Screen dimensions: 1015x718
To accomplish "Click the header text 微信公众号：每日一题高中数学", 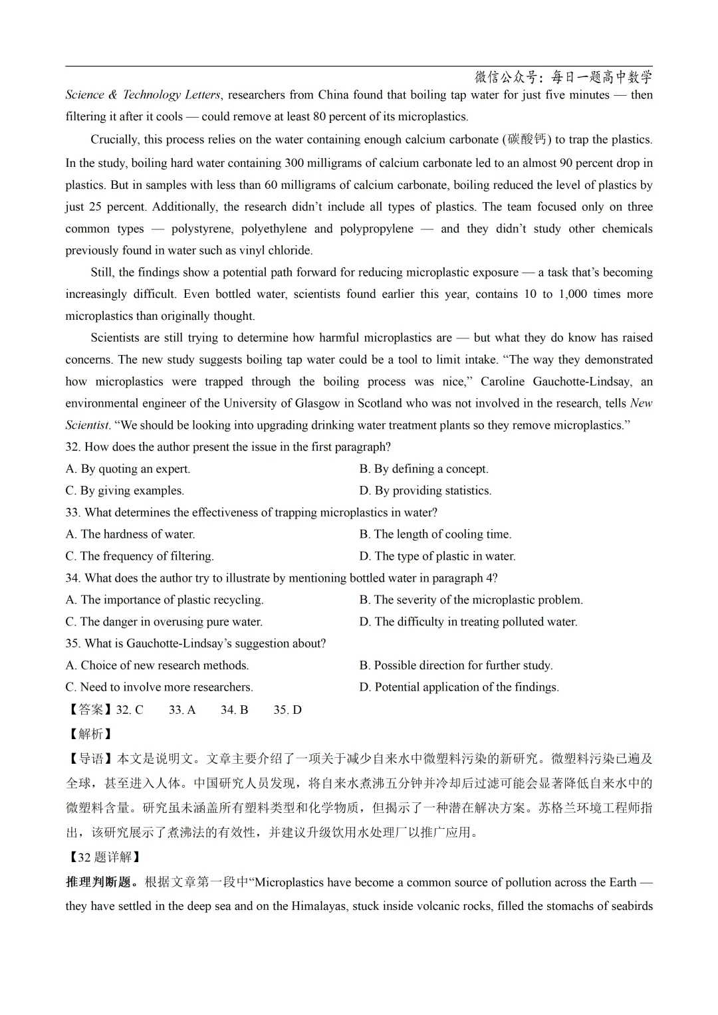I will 563,77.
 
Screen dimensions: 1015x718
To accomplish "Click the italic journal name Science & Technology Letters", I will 143,95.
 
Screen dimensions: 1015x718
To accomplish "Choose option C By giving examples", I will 125,491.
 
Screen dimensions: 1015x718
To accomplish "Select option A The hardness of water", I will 130,534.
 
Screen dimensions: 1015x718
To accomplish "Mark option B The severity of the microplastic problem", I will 471,600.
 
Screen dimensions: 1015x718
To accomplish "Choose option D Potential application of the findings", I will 459,687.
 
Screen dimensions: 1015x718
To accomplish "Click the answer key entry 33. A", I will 181,710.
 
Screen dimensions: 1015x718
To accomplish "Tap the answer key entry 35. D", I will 287,710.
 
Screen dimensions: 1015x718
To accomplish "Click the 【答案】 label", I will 90,710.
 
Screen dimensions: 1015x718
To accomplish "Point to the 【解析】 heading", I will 90,734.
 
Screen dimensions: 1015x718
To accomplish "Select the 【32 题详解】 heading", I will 103,857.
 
